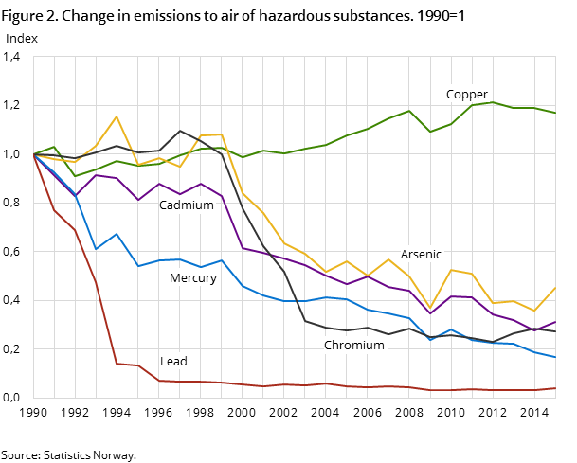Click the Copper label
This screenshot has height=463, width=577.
(466, 95)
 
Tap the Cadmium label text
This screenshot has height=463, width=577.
(186, 205)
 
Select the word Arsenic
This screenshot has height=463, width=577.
(421, 255)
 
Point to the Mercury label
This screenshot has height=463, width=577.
(192, 278)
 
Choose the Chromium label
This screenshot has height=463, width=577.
(353, 346)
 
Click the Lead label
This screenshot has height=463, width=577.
(173, 362)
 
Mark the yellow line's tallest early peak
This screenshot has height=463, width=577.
(117, 116)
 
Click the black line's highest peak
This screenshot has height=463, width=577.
(180, 131)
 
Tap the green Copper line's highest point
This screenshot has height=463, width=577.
(493, 101)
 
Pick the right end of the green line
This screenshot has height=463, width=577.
(556, 114)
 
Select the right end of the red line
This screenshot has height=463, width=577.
(556, 388)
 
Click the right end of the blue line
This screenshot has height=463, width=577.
(556, 357)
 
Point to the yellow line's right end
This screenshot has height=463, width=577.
(556, 287)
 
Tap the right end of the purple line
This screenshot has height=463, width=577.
(556, 322)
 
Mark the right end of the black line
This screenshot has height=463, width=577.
(556, 332)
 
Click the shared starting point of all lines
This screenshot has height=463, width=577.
(33, 154)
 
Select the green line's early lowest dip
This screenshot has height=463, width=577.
(76, 176)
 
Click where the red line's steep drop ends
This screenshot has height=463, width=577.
(117, 364)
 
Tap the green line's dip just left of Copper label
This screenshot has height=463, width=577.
(430, 132)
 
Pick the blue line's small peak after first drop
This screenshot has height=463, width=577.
(117, 234)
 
